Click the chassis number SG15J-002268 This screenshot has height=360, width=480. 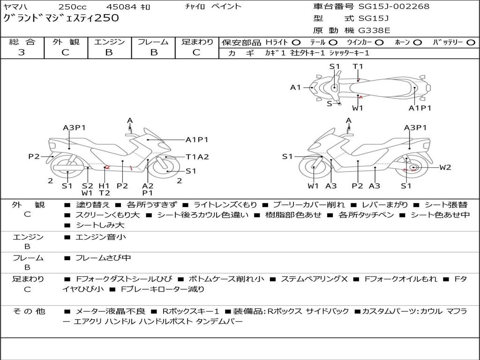[x=394, y=6]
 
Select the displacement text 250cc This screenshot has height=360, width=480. [x=73, y=7]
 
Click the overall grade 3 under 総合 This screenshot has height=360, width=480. [x=22, y=52]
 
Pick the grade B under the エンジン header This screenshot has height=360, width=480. [x=109, y=52]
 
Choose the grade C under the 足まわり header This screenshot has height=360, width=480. [x=196, y=52]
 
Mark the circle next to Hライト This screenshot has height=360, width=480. [x=296, y=43]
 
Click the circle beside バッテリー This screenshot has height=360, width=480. [x=471, y=43]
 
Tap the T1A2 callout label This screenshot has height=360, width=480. [x=197, y=157]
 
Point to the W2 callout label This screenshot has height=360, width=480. [x=445, y=167]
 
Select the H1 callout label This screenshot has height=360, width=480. [x=104, y=186]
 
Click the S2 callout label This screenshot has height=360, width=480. [x=87, y=186]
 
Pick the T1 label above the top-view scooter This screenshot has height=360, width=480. [x=358, y=67]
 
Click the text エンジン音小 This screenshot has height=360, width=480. [x=101, y=237]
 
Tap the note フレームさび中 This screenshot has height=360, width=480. [x=103, y=258]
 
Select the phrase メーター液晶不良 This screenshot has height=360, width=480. [x=110, y=311]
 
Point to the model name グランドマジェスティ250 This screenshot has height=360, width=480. [x=61, y=18]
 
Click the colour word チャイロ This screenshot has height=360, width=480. [x=195, y=6]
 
